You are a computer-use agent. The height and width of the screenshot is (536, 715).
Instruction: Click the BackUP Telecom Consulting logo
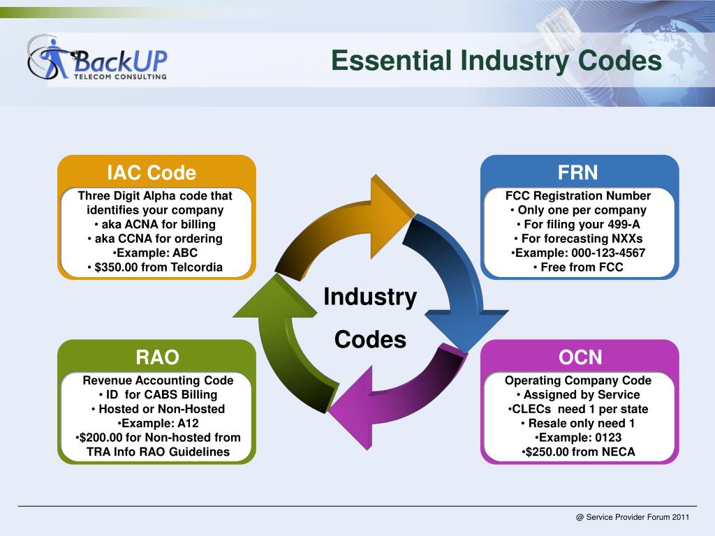(98, 59)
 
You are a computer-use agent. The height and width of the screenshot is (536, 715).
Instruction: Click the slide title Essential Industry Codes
(496, 61)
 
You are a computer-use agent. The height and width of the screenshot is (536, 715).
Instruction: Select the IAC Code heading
(152, 172)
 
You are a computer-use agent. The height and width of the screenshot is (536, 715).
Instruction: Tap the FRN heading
(577, 172)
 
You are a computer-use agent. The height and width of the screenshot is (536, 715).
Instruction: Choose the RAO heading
(157, 357)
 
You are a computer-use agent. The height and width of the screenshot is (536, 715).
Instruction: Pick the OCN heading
(580, 357)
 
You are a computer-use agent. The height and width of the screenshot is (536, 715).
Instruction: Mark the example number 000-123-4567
(578, 253)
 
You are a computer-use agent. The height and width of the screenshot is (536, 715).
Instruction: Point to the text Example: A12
(158, 424)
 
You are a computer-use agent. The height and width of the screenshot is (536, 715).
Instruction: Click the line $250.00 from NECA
(578, 452)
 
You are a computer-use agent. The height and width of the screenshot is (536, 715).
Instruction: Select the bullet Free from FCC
(578, 267)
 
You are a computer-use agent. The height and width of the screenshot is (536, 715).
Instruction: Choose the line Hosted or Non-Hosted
(158, 409)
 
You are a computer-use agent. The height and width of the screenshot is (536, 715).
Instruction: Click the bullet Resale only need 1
(578, 424)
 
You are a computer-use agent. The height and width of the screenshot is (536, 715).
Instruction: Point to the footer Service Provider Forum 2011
(633, 517)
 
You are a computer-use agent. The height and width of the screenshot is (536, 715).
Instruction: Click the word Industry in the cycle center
(370, 297)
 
